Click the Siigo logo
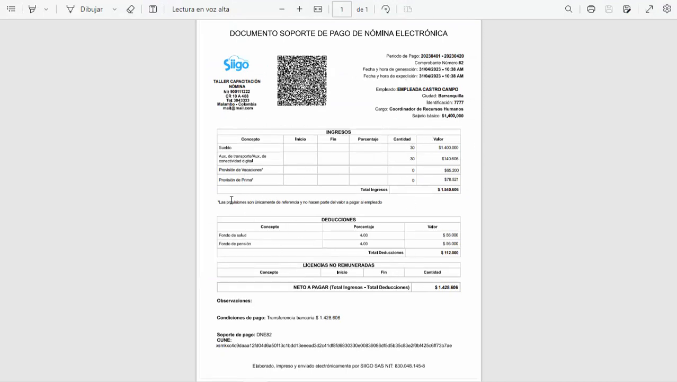pyautogui.click(x=236, y=64)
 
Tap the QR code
pyautogui.click(x=302, y=81)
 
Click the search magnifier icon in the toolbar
pyautogui.click(x=568, y=9)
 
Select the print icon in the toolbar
pyautogui.click(x=591, y=9)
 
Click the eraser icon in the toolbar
pyautogui.click(x=130, y=9)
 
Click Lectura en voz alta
pyautogui.click(x=201, y=9)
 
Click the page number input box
pyautogui.click(x=342, y=9)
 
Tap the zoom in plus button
pyautogui.click(x=299, y=9)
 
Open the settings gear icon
pyautogui.click(x=667, y=9)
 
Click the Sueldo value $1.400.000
pyautogui.click(x=448, y=147)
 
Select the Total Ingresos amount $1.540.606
pyautogui.click(x=448, y=189)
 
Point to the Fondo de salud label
pyautogui.click(x=233, y=235)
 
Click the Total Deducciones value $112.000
pyautogui.click(x=449, y=253)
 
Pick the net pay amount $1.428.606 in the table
pyautogui.click(x=446, y=288)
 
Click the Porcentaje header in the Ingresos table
pyautogui.click(x=368, y=139)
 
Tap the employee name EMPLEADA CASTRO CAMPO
pyautogui.click(x=427, y=89)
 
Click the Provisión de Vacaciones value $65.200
pyautogui.click(x=451, y=170)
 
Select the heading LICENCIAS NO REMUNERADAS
pyautogui.click(x=338, y=265)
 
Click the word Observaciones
pyautogui.click(x=234, y=301)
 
